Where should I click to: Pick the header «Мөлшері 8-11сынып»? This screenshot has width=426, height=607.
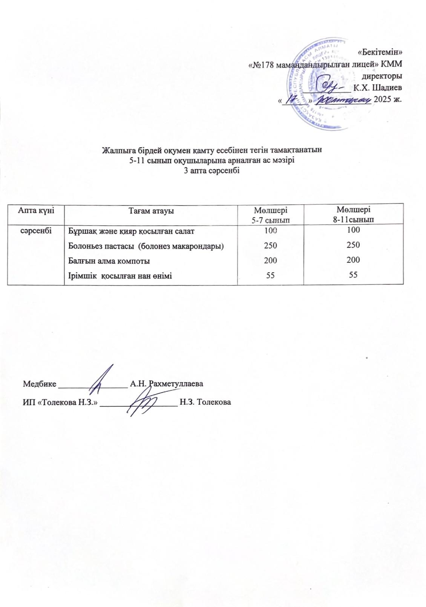pos(353,214)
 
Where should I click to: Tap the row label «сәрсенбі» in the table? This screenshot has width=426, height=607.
pos(35,230)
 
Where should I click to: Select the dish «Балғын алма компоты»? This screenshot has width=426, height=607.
pos(109,261)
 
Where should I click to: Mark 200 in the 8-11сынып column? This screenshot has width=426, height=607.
pos(353,260)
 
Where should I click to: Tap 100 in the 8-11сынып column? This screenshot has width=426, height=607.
pos(353,230)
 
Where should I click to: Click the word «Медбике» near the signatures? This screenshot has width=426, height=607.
pos(40,384)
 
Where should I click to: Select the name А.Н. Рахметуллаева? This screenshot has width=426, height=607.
pos(166,384)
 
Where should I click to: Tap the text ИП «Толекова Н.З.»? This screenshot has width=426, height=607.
pos(60,402)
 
